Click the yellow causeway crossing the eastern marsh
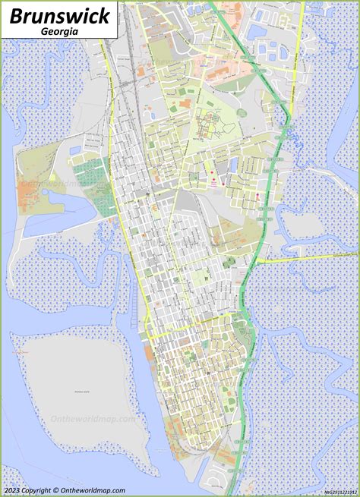click(x=304, y=258)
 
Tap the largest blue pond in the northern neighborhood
click(x=257, y=31)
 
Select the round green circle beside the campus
click(x=242, y=112)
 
